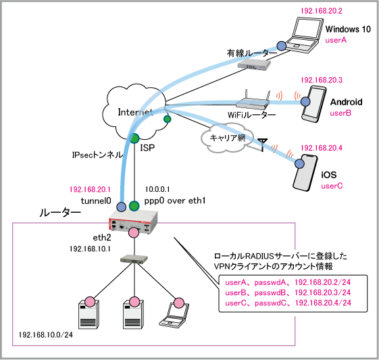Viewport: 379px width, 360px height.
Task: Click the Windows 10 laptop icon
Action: [305, 35]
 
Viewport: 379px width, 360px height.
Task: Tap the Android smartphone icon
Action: [314, 104]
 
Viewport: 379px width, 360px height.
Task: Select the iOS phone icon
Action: [305, 172]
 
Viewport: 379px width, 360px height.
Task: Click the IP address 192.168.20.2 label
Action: [321, 11]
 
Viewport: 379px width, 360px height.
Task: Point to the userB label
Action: [340, 113]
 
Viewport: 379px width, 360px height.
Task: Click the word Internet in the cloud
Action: [135, 112]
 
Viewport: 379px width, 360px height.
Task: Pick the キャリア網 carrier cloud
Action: [227, 138]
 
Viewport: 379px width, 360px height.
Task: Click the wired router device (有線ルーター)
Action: [254, 64]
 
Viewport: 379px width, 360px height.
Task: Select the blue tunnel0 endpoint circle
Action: [121, 207]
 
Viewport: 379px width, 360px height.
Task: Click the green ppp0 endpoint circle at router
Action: [134, 206]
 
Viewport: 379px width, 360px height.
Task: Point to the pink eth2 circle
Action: [134, 232]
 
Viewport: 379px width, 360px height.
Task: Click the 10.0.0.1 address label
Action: [157, 189]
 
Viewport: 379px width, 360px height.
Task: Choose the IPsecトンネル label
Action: [97, 155]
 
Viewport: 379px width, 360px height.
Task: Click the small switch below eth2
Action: [134, 259]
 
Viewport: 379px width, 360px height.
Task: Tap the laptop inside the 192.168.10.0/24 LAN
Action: [174, 315]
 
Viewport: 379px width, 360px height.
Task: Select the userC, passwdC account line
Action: [288, 303]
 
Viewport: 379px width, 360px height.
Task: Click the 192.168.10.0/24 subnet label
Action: [46, 334]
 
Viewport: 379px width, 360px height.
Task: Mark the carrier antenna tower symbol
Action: [263, 145]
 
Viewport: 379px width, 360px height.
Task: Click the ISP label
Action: [147, 148]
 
